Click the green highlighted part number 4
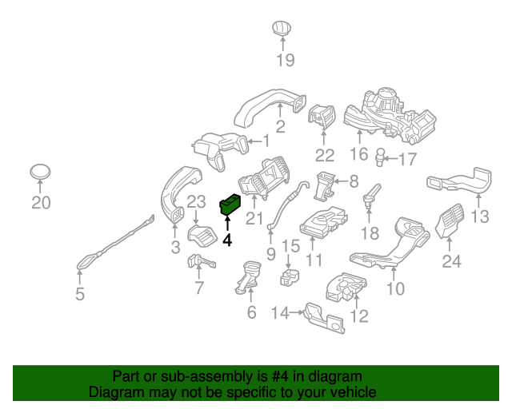pos(230,206)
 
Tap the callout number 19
pos(286,60)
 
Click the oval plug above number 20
pos(40,172)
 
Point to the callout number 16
pos(358,154)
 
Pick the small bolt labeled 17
pos(382,154)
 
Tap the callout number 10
pos(395,288)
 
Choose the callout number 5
pos(79,295)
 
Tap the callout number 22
pos(324,154)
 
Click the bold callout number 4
pos(227,239)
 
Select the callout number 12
pos(359,317)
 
